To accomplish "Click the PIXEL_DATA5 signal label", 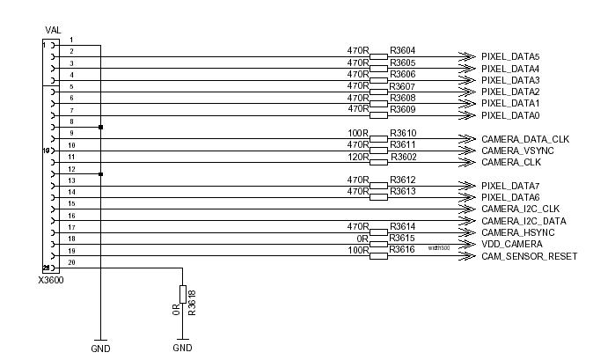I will (x=509, y=57).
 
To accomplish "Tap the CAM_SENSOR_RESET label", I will (x=529, y=256).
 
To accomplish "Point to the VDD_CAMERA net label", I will (x=512, y=244).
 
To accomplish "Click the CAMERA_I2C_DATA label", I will (x=523, y=221).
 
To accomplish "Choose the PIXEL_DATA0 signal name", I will (x=509, y=115).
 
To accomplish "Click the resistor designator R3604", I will (x=403, y=51).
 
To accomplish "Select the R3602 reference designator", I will (x=403, y=157).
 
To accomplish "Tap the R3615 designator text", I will (x=403, y=239).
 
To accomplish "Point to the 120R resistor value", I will (x=357, y=157).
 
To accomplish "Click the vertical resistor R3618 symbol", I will (x=182, y=294).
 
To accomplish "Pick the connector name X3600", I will (x=50, y=280).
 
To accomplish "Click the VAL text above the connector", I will (x=53, y=30).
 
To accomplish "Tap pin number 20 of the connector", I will (x=71, y=262).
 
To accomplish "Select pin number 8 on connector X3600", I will (x=71, y=121).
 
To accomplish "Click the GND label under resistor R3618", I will (x=182, y=349).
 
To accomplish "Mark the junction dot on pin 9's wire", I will (x=101, y=128).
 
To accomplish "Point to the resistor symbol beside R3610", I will (x=378, y=139).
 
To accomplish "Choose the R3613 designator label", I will (x=403, y=191).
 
